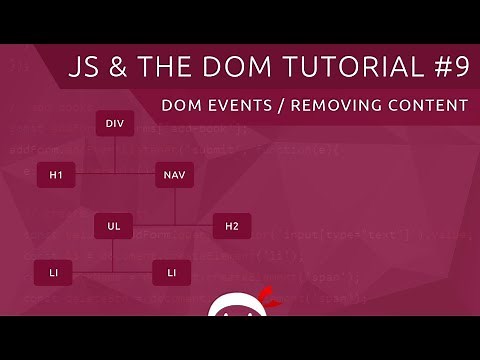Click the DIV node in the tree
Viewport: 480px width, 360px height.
point(114,125)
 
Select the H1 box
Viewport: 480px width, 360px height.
point(56,175)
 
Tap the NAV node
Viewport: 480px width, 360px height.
point(174,175)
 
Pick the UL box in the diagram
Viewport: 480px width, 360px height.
point(114,226)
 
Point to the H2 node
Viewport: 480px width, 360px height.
point(232,226)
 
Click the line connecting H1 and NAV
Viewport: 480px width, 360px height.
point(115,175)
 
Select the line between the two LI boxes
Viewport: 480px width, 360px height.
point(114,270)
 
